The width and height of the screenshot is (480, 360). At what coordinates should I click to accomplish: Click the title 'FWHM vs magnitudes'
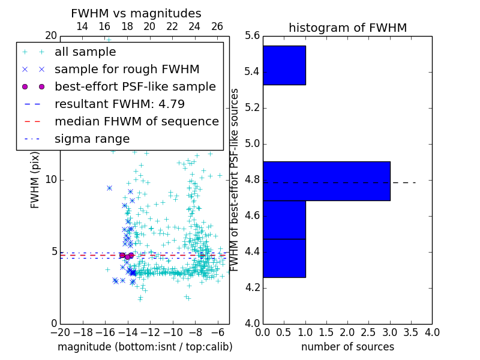click(x=136, y=13)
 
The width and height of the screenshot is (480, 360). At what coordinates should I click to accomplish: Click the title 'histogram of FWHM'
click(x=347, y=28)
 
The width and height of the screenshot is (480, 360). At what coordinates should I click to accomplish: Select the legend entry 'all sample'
click(x=85, y=52)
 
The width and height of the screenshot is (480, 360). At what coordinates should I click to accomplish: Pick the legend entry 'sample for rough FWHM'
click(x=127, y=69)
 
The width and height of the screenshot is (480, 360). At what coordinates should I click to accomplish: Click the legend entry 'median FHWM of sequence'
click(x=136, y=121)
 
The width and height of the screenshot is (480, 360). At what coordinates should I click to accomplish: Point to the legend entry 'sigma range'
click(x=92, y=139)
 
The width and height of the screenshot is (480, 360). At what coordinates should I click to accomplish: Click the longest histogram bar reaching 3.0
click(x=326, y=181)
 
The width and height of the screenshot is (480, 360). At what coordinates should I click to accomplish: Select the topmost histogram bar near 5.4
click(x=284, y=65)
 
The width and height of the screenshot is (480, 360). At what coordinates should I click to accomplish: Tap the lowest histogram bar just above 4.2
click(x=284, y=258)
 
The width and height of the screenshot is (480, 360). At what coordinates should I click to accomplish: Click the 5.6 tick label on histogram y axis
click(x=252, y=36)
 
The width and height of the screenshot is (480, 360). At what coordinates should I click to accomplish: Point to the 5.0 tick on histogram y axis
click(x=252, y=144)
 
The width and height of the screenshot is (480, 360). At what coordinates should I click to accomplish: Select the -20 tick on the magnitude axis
click(x=60, y=332)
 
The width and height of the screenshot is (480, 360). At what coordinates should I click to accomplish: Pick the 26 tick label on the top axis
click(x=217, y=26)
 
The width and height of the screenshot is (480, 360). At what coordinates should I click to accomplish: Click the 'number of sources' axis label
click(x=347, y=347)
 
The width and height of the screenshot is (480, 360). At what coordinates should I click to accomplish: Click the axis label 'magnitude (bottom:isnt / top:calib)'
click(x=145, y=347)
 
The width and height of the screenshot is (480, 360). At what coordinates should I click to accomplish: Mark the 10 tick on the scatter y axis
click(x=51, y=180)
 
